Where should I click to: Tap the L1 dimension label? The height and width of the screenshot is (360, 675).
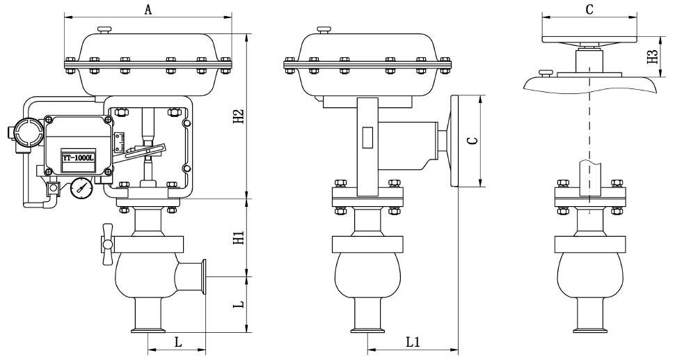click(413, 342)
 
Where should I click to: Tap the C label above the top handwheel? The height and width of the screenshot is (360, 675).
click(589, 9)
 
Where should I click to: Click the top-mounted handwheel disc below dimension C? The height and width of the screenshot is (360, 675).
click(589, 41)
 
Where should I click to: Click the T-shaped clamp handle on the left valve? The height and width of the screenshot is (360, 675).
click(106, 243)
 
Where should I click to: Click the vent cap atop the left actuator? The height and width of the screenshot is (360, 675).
click(104, 29)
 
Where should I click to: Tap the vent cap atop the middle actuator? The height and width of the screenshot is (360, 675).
click(324, 29)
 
